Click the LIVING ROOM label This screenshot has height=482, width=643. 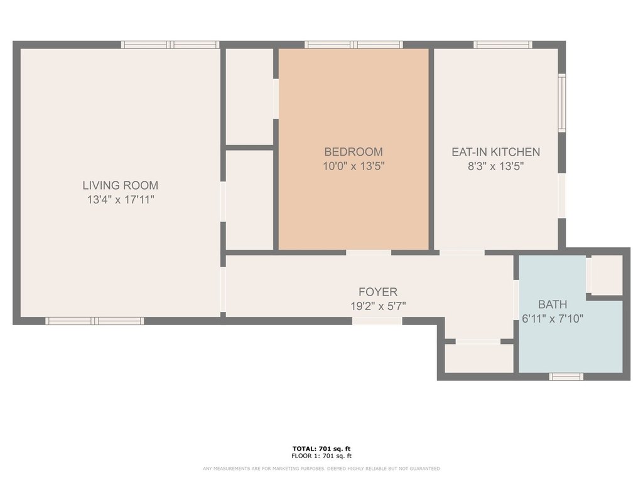[120, 185]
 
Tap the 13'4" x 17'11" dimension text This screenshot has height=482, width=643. [121, 200]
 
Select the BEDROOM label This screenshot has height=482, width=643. [354, 152]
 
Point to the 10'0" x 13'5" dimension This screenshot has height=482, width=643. [354, 166]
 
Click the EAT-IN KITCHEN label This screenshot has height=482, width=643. [496, 152]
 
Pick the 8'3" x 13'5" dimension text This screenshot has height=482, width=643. [496, 166]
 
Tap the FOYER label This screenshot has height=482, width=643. [378, 292]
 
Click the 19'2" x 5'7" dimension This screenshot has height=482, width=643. [378, 306]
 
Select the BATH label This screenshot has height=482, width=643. [553, 304]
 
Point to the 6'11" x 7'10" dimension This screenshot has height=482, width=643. [553, 318]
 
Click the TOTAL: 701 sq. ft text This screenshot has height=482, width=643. [321, 449]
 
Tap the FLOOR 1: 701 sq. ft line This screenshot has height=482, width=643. [321, 456]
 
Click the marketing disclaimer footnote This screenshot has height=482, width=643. [321, 468]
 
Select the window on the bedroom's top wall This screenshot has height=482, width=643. [354, 45]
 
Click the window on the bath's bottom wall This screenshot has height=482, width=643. [566, 377]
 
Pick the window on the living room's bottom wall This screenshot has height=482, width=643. [94, 321]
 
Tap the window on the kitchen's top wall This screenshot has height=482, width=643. [503, 45]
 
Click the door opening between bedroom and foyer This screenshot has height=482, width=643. [369, 252]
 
